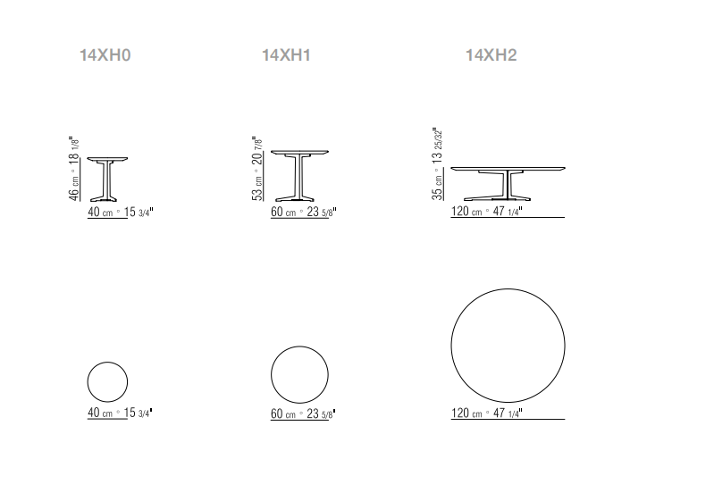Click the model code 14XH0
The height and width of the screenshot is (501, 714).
[105, 55]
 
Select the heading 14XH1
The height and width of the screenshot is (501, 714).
[286, 55]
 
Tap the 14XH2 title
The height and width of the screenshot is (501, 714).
[491, 55]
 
